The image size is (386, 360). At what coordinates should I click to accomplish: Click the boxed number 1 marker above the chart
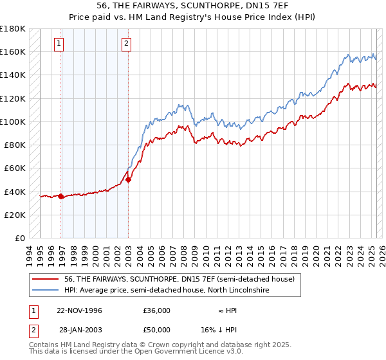(59, 44)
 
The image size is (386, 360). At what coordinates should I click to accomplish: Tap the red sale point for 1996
(61, 196)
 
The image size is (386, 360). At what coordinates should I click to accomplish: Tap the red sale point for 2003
(128, 179)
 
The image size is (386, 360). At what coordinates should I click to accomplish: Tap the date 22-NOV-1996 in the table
(80, 310)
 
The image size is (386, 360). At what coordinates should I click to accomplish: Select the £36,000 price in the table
(156, 310)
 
